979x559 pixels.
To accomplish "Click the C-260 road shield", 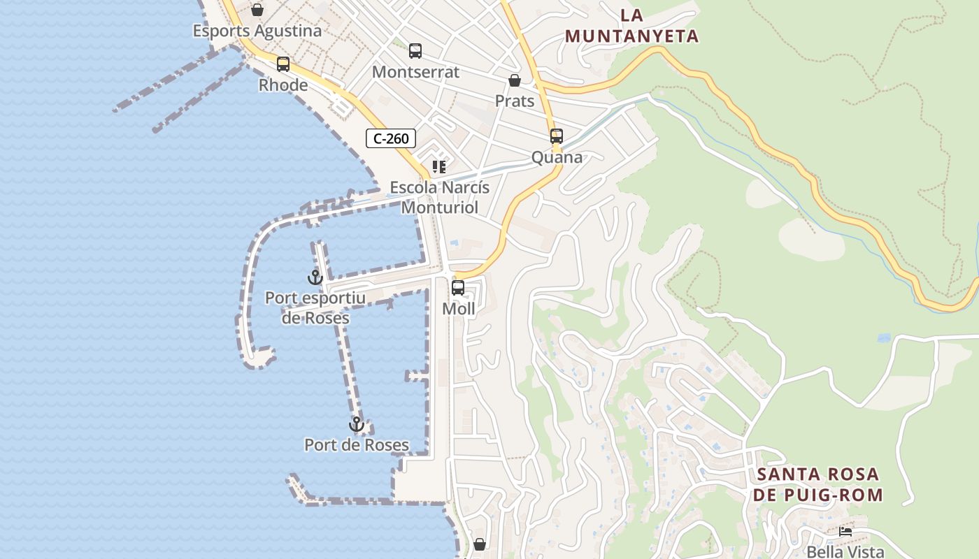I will (x=391, y=138).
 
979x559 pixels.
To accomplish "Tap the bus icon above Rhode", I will (x=283, y=64).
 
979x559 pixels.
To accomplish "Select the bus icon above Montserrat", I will (x=415, y=51).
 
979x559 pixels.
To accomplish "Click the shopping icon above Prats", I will (x=515, y=80).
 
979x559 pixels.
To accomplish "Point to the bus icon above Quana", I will (x=557, y=136).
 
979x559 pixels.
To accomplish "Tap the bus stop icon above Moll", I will (x=458, y=287).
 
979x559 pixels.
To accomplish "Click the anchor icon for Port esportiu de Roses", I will (x=315, y=277).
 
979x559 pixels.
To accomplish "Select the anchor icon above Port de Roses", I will (x=357, y=424).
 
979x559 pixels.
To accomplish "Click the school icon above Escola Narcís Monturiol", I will (x=439, y=167).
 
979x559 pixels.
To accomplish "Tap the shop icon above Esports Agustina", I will (x=257, y=10).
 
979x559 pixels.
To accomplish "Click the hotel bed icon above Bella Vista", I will (x=845, y=532).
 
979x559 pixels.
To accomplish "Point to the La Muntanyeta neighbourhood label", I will (x=632, y=26).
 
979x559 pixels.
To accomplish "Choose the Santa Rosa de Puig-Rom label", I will (x=819, y=484).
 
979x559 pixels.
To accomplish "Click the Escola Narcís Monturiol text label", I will (x=440, y=198).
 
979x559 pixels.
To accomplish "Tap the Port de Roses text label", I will (x=357, y=444).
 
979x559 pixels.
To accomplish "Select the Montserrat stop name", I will (x=415, y=72).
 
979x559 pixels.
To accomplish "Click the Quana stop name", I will (x=557, y=157).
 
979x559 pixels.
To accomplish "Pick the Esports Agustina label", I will (x=257, y=31).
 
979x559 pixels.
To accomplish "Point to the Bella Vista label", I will (x=845, y=551).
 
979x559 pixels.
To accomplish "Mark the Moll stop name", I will (x=458, y=308).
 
